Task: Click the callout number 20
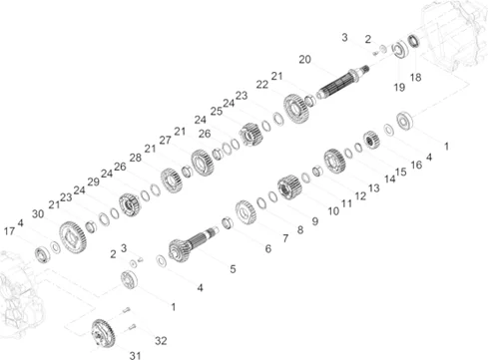click(304, 60)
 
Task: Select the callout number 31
click(135, 355)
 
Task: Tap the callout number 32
click(161, 341)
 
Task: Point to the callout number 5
click(233, 269)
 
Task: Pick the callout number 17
click(9, 231)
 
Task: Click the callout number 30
click(38, 213)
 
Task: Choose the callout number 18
click(415, 78)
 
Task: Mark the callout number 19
click(399, 88)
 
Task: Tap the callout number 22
click(262, 85)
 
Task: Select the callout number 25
click(217, 111)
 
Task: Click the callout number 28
click(136, 158)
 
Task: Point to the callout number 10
click(333, 211)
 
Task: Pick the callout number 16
click(416, 165)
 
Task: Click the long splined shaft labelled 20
click(342, 82)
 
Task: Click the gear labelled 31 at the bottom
click(103, 333)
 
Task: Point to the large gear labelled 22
click(296, 109)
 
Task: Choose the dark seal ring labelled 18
click(413, 41)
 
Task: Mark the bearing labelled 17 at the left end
click(42, 254)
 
